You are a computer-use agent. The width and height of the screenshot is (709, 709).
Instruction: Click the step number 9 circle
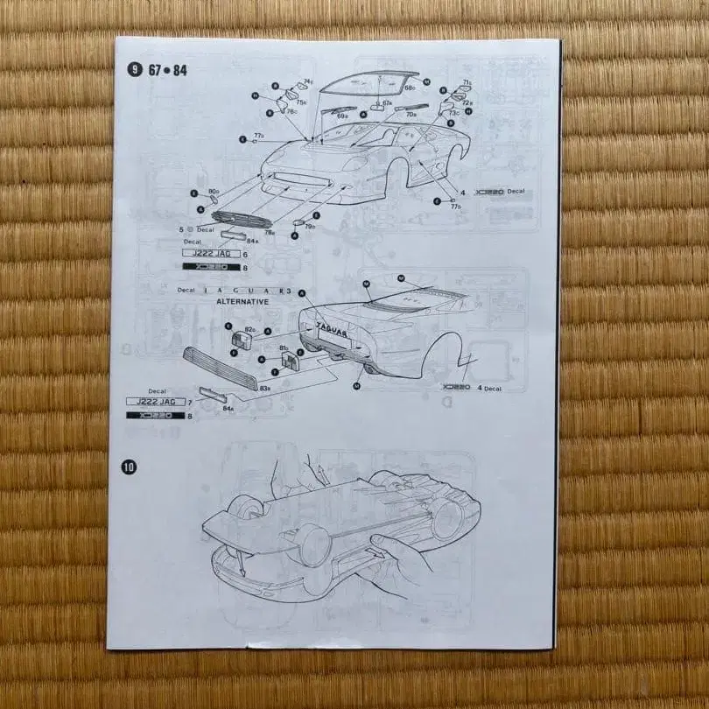pos(134,69)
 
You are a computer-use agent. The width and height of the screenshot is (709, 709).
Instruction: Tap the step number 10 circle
pos(130,467)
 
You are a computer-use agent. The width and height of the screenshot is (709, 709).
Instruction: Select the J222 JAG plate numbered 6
pos(207,253)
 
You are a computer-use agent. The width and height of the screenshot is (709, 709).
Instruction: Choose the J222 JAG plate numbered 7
pos(158,401)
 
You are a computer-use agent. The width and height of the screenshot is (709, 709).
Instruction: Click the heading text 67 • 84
pos(167,70)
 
